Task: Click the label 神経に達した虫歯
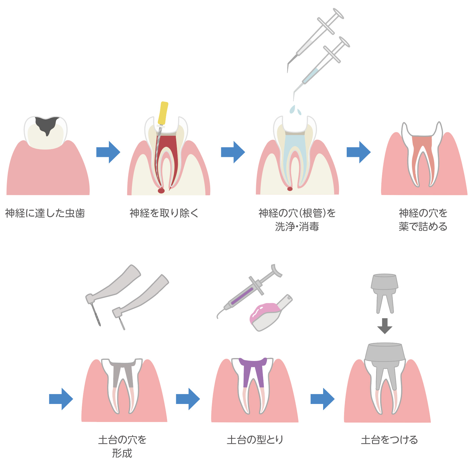(x=45, y=213)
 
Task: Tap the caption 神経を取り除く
(x=164, y=213)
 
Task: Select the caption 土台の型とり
(x=255, y=440)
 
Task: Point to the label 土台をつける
(x=389, y=440)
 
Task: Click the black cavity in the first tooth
(x=47, y=124)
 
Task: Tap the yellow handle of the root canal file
(x=163, y=113)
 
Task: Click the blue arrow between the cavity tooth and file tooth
(x=108, y=152)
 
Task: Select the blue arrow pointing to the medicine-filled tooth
(x=358, y=152)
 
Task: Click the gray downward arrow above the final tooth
(x=385, y=326)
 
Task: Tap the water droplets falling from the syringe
(x=295, y=110)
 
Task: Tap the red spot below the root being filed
(x=161, y=191)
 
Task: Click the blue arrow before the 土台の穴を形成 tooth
(x=61, y=399)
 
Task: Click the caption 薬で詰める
(x=423, y=226)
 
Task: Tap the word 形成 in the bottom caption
(x=122, y=453)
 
